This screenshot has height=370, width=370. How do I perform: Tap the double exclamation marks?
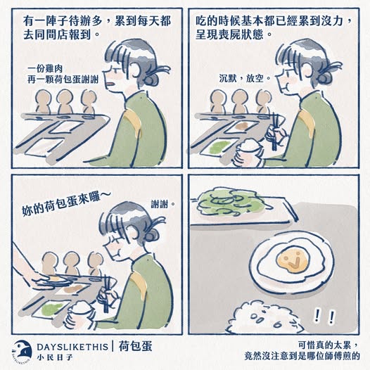pyautogui.click(x=325, y=317)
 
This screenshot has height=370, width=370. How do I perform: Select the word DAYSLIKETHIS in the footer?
pyautogui.click(x=72, y=347)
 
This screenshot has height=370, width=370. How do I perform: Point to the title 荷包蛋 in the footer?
pyautogui.click(x=135, y=346)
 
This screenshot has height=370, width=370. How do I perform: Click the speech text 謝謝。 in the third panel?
pyautogui.click(x=162, y=204)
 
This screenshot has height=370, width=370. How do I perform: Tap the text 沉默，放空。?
pyautogui.click(x=245, y=78)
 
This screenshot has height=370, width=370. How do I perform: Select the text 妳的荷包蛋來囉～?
pyautogui.click(x=63, y=204)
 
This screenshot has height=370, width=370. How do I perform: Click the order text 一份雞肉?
pyautogui.click(x=45, y=69)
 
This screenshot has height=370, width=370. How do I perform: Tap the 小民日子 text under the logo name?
pyautogui.click(x=55, y=357)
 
